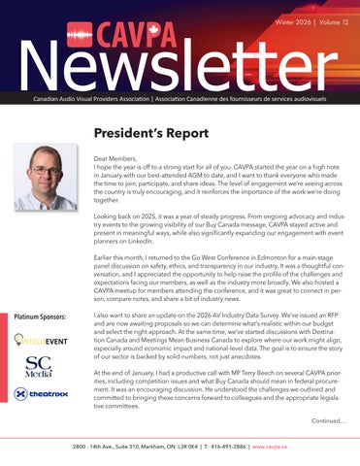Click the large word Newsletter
click(x=180, y=64)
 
